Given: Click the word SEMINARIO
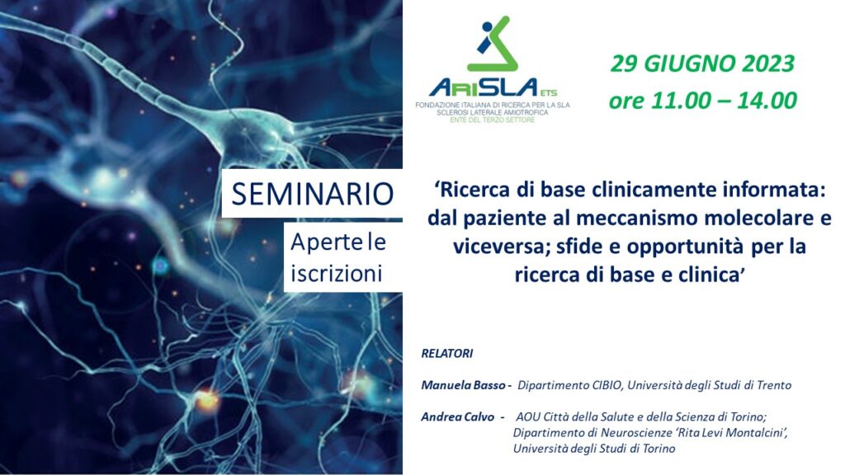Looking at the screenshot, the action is (313, 194).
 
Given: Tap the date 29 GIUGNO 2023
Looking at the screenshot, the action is (702, 63).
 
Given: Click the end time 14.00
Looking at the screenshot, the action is (767, 101).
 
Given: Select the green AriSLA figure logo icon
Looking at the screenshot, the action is (493, 44).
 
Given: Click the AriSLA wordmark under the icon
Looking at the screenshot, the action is (485, 87).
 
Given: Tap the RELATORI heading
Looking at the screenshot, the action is (446, 353).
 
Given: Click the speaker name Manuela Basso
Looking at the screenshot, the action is (463, 385).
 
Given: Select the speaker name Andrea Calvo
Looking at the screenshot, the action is (457, 416).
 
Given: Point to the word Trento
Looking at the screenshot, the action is (774, 385).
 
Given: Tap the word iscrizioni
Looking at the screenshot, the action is (337, 274).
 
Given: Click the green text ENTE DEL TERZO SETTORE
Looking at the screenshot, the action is (493, 120).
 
